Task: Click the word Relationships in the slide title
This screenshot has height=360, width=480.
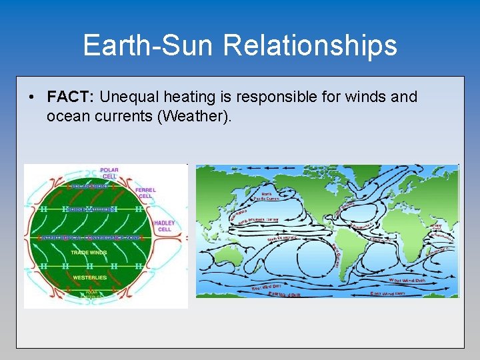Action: pyautogui.click(x=310, y=46)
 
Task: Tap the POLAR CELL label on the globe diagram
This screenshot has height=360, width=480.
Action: pyautogui.click(x=109, y=173)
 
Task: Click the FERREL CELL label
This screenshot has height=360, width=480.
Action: pyautogui.click(x=145, y=193)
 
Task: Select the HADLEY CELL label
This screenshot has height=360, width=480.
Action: pyautogui.click(x=164, y=226)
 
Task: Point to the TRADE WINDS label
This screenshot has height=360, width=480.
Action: pyautogui.click(x=89, y=252)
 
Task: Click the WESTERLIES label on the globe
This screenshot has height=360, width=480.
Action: pyautogui.click(x=89, y=277)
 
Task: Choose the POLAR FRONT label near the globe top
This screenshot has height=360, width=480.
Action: pyautogui.click(x=89, y=187)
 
